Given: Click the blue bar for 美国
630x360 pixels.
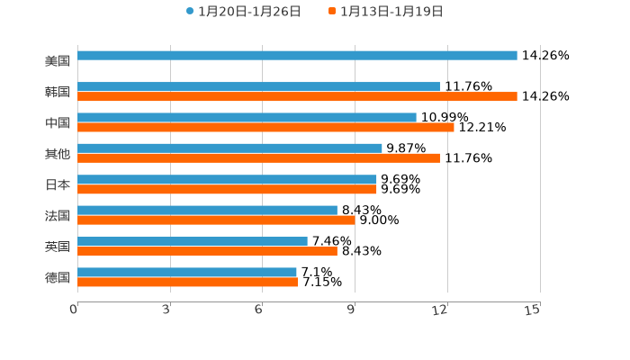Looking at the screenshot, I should (297, 56).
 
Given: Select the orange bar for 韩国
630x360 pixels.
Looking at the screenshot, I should (297, 97).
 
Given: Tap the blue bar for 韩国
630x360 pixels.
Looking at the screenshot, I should (258, 86).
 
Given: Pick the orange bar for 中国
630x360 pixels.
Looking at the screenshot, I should (265, 128).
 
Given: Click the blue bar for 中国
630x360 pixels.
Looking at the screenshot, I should (247, 117).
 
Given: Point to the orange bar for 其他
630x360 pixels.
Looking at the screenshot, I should (258, 158).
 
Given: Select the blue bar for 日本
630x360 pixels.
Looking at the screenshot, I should (227, 179).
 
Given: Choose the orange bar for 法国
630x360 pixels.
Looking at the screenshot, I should (216, 220).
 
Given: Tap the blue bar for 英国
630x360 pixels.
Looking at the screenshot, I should (193, 241).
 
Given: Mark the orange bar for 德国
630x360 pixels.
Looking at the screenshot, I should (188, 282).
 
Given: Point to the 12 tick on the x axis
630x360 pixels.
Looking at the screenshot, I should (440, 310).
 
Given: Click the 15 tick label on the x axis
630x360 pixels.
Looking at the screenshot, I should (532, 310).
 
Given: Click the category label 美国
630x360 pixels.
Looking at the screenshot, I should (58, 61).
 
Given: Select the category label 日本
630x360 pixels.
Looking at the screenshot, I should (58, 184).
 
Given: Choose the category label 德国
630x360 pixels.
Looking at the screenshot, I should (58, 277).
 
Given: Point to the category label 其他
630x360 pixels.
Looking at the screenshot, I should (58, 154).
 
